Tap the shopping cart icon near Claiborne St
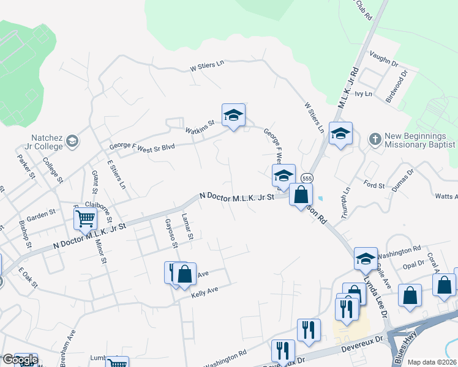click(85, 218)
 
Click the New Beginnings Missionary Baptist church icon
click(375, 139)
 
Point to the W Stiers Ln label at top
click(208, 66)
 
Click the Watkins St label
click(200, 126)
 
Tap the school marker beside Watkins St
click(233, 115)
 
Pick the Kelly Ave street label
click(205, 293)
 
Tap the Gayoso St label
click(170, 234)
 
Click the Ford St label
click(374, 183)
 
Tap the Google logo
click(20, 360)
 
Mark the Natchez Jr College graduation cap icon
click(72, 142)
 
